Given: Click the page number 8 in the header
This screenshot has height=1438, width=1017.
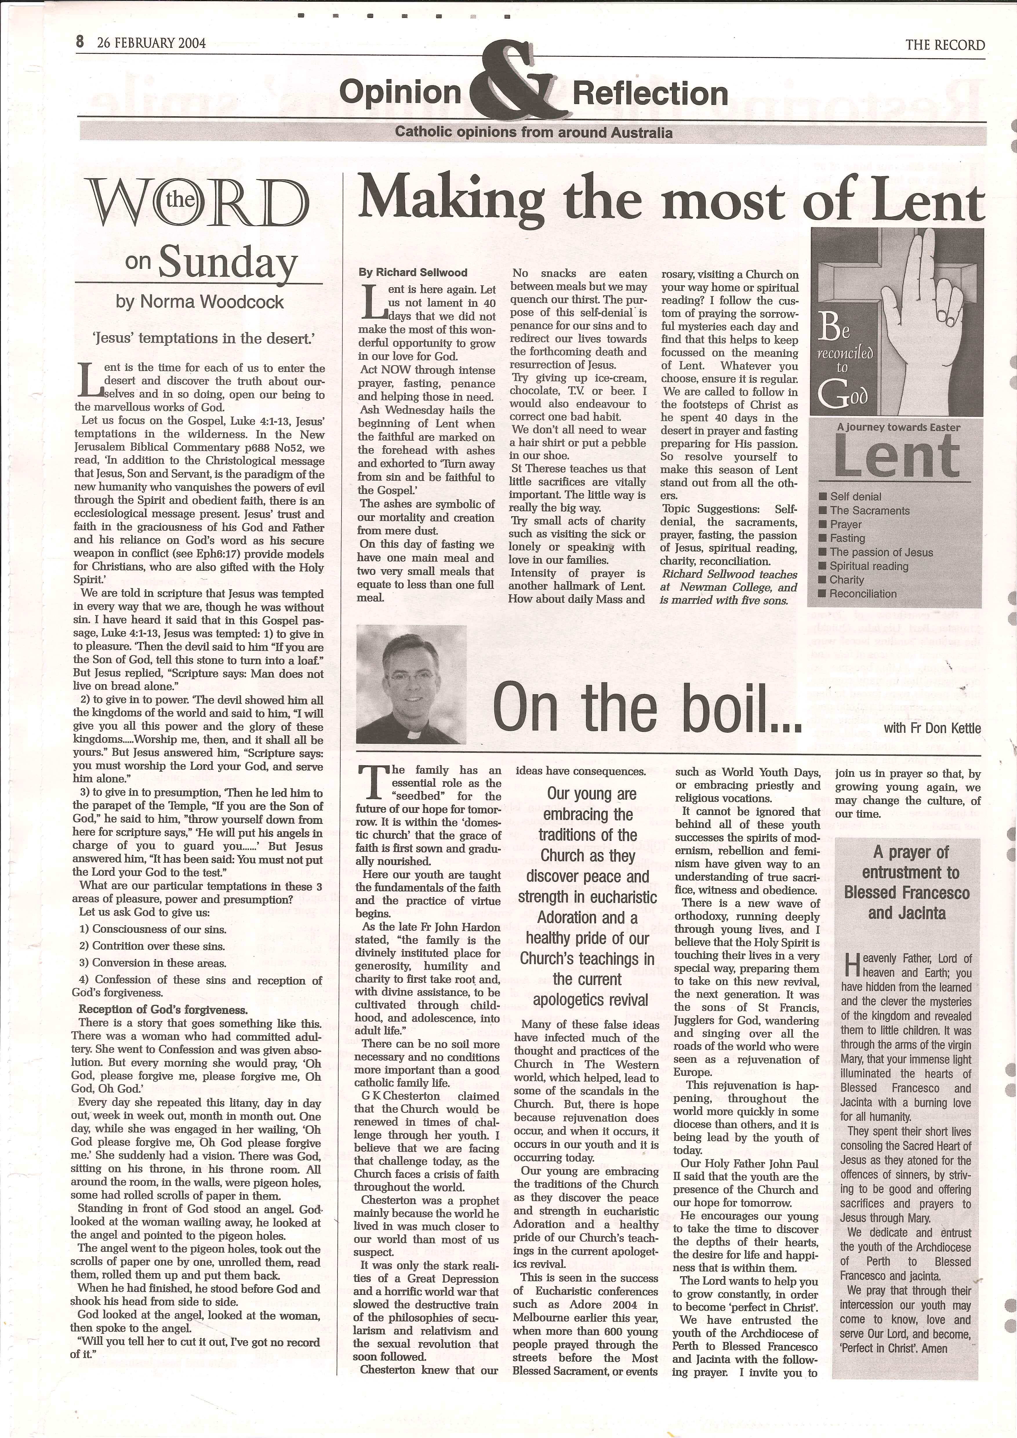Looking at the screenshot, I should [x=80, y=43].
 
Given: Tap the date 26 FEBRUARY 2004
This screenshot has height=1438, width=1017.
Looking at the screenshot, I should [x=152, y=43].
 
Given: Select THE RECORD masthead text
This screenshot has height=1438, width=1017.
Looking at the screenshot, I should [x=945, y=45].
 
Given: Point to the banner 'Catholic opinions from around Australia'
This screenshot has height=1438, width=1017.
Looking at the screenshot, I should [x=533, y=133].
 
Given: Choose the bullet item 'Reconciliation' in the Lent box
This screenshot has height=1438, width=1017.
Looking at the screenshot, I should [x=863, y=594].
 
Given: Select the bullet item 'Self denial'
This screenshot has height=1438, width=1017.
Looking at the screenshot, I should [x=856, y=496].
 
